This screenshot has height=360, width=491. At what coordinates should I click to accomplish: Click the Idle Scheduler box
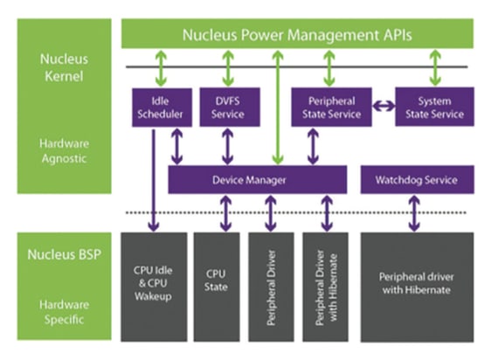tap(162, 107)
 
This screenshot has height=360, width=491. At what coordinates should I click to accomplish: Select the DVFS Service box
tap(230, 107)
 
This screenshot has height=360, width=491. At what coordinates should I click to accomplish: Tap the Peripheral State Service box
tap(332, 107)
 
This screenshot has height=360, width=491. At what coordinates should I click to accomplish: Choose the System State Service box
tap(434, 107)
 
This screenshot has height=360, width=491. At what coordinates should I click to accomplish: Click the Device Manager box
tap(258, 179)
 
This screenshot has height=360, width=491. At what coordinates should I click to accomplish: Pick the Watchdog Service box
tap(418, 179)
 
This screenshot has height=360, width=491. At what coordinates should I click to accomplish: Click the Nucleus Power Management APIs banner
tap(297, 33)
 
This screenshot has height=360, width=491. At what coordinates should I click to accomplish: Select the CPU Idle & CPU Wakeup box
tap(154, 287)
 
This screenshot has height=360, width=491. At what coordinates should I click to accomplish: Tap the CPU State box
tap(217, 287)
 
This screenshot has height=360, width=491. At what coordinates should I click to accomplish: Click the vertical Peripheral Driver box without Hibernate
tap(271, 287)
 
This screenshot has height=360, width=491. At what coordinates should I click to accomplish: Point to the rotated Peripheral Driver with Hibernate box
tap(325, 287)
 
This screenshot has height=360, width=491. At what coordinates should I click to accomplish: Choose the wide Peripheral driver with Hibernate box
tap(417, 287)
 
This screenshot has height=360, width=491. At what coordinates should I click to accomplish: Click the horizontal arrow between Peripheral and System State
tap(384, 106)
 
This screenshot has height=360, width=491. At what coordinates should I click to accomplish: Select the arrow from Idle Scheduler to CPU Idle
tap(154, 181)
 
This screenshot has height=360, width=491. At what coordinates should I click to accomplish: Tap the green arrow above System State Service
tap(435, 68)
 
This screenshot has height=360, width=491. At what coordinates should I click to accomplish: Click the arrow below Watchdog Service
tap(414, 213)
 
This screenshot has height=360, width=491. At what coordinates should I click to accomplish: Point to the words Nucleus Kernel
tap(64, 67)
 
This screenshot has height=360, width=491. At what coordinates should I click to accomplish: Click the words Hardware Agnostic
tap(64, 151)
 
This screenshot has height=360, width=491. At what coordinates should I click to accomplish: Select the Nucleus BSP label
tap(64, 254)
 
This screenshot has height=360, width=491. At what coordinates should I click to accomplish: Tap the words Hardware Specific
tap(64, 312)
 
